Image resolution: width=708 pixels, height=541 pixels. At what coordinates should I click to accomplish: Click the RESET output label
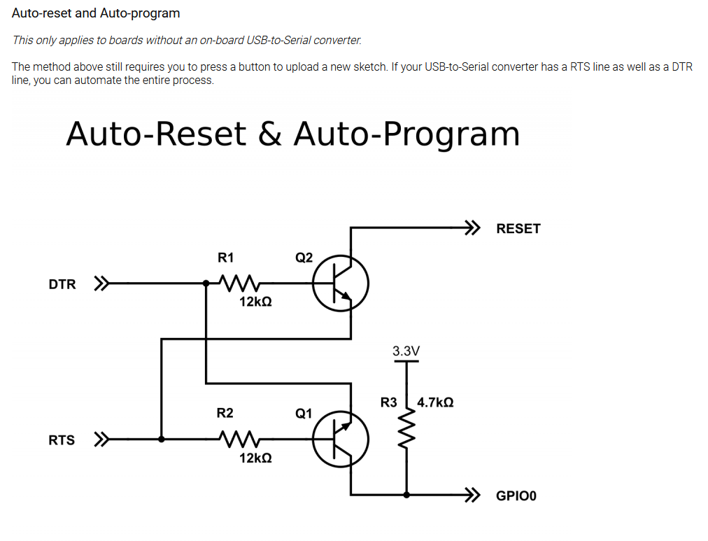(x=518, y=229)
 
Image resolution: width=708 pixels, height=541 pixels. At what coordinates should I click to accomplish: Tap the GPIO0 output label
(x=516, y=496)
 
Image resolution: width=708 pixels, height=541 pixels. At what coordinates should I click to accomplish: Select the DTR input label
(x=62, y=285)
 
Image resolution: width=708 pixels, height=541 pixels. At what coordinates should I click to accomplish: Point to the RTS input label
(x=62, y=440)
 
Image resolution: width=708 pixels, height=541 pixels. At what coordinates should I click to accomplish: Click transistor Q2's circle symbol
(x=340, y=284)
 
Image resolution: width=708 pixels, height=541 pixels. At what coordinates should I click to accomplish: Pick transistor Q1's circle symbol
(x=340, y=440)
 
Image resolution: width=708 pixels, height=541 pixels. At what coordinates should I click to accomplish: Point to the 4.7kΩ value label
(x=435, y=402)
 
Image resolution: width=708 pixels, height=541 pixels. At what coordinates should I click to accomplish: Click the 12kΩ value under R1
(x=255, y=303)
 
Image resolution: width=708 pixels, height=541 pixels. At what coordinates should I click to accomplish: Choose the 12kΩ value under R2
(x=255, y=458)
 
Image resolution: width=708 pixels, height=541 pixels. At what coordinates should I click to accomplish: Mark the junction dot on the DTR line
(x=206, y=284)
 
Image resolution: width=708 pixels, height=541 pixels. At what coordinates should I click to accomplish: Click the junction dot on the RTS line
(x=162, y=440)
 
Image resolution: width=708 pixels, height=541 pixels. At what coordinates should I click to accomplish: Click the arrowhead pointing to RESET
(x=474, y=227)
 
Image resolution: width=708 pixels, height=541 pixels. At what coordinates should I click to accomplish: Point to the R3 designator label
(x=388, y=402)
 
